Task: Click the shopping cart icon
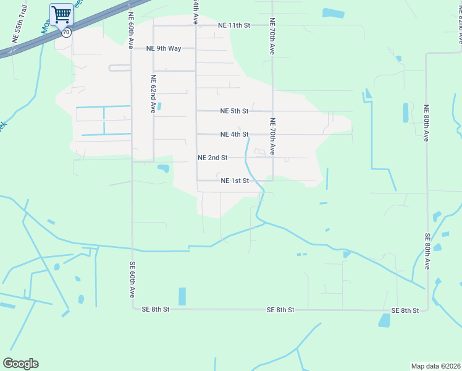(x=61, y=14)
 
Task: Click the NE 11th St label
(x=234, y=26)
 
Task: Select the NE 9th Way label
(x=164, y=48)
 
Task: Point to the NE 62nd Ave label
(x=153, y=94)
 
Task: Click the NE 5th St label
(x=234, y=111)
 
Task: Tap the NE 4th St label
(x=234, y=134)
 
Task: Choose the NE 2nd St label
(x=212, y=158)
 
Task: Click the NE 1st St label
(x=234, y=181)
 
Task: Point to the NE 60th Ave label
(x=131, y=31)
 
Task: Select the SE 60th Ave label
(x=132, y=280)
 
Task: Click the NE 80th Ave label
(x=426, y=123)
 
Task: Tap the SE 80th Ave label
(x=427, y=251)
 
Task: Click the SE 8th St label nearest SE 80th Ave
(x=405, y=310)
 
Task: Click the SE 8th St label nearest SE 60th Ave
(x=155, y=309)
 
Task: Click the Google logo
(x=20, y=364)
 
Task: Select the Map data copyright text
(x=436, y=365)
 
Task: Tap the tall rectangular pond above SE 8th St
(x=182, y=296)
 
